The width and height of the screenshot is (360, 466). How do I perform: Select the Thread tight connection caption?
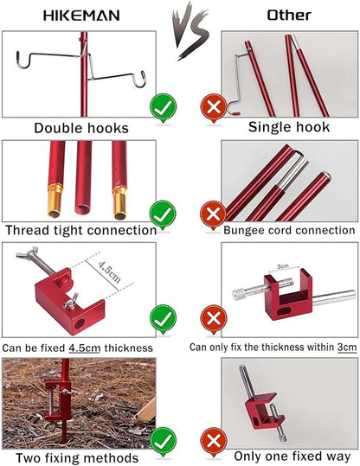[x=80, y=230]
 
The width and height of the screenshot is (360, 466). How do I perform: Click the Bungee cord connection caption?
[x=289, y=230]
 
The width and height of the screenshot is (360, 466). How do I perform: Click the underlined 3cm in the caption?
[x=346, y=348]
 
